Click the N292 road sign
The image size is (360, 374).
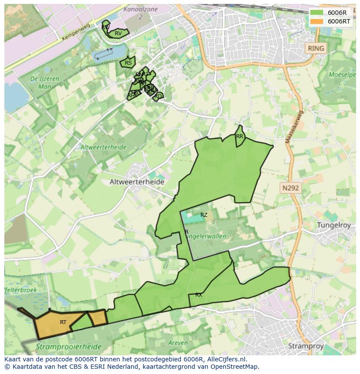290,188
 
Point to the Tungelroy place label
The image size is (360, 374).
333,225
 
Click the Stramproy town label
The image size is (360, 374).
306,346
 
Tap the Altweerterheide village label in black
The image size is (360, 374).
137,182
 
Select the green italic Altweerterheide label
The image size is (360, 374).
103,147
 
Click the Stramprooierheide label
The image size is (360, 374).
69,347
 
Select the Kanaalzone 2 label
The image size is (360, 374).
139,13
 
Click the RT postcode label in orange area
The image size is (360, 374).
63,322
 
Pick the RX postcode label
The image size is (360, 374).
199,295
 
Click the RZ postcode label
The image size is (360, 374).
204,215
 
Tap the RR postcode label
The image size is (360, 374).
240,136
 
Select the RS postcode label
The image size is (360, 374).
128,63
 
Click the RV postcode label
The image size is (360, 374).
118,33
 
